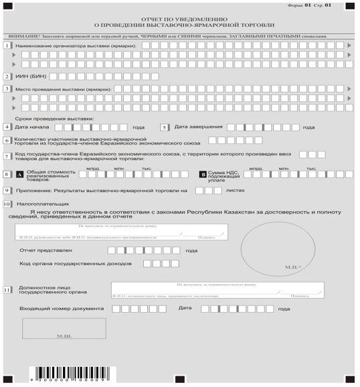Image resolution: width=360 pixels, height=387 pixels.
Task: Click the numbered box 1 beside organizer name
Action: click(x=7, y=45)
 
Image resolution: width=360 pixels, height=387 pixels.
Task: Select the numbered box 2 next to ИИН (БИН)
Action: click(x=7, y=76)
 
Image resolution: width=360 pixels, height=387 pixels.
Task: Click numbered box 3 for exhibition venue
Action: click(x=7, y=88)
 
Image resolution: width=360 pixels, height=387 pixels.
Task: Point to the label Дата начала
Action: click(x=31, y=127)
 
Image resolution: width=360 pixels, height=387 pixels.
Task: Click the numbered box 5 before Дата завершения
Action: click(x=164, y=127)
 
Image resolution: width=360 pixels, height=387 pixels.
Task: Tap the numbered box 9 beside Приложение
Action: click(x=7, y=190)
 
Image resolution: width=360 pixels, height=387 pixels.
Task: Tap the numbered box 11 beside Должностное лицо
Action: click(x=7, y=290)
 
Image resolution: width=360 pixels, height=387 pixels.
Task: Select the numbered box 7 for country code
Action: click(x=7, y=155)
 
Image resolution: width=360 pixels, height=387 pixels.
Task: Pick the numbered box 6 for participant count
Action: click(x=7, y=140)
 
